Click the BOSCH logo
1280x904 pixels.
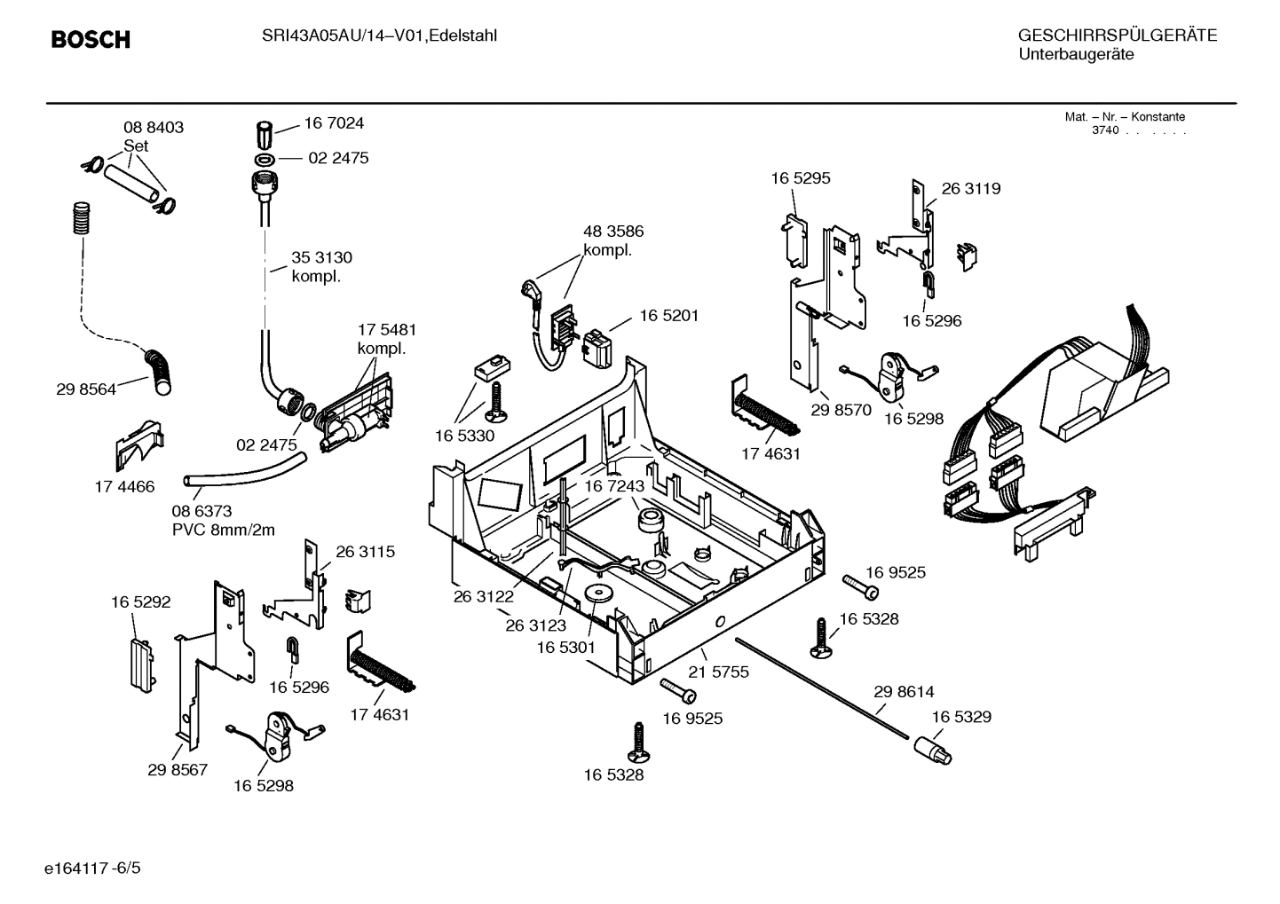pos(91,39)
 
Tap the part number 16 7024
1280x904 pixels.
pos(334,123)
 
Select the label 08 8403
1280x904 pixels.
pos(154,128)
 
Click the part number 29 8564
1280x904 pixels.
pos(86,389)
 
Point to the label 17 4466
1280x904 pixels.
pos(124,486)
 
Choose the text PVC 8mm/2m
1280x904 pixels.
pos(223,531)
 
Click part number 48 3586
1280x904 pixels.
pos(613,232)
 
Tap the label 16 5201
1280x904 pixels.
pos(668,316)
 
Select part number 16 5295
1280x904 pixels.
pos(800,178)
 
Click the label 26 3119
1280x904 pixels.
pos(970,189)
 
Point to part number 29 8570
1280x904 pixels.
pos(841,410)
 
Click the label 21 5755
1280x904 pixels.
pos(719,672)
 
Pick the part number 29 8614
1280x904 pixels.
pos(904,692)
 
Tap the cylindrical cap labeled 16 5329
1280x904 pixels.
pos(931,751)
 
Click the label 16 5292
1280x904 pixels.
pos(140,602)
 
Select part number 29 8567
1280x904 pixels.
pos(178,769)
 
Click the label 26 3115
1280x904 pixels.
pos(365,552)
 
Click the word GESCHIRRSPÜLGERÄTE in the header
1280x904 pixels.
pos(1117,36)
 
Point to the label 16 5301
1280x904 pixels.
pos(565,648)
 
